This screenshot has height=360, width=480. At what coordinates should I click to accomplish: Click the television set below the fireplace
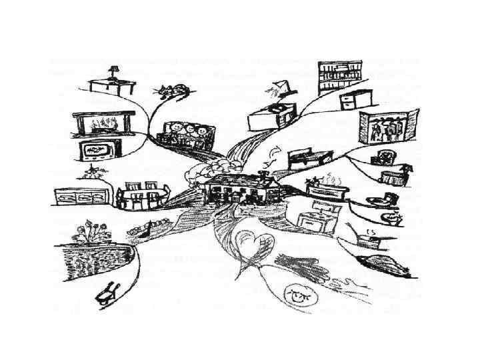(x=97, y=151)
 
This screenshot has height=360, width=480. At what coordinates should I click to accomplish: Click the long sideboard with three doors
(x=83, y=198)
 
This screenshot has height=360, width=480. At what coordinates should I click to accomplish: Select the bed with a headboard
(x=309, y=159)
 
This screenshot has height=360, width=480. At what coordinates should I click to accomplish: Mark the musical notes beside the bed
(x=272, y=157)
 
